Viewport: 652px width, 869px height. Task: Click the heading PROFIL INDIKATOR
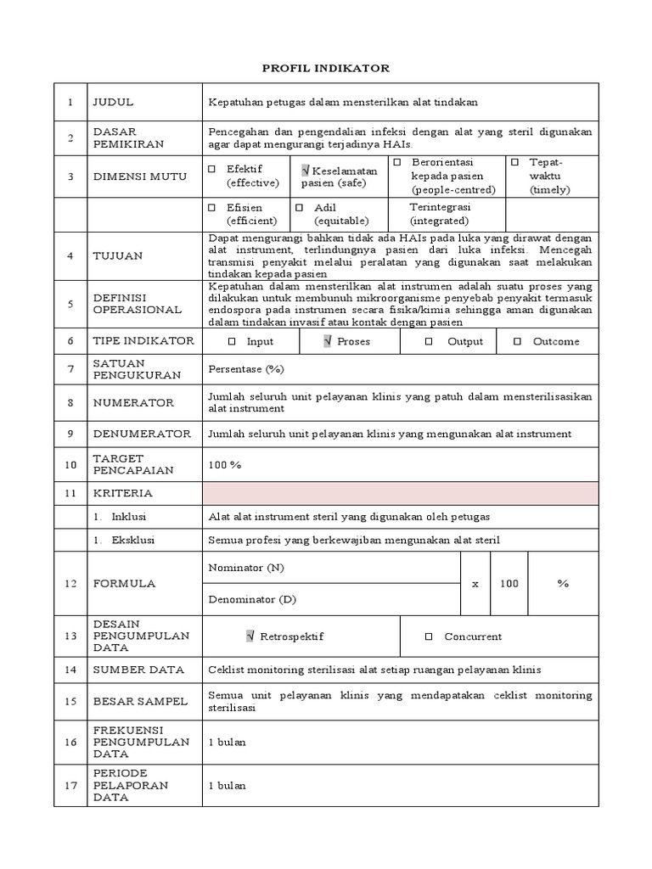click(325, 68)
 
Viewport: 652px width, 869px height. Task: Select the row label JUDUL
click(113, 102)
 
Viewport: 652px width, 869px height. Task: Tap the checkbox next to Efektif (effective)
click(212, 169)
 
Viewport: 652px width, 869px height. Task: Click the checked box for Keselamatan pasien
click(306, 171)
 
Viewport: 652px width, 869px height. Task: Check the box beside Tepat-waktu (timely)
click(514, 162)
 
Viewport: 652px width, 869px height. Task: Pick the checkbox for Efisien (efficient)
click(212, 207)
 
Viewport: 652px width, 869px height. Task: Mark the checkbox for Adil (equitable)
click(300, 207)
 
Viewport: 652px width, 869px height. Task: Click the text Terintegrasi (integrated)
click(440, 213)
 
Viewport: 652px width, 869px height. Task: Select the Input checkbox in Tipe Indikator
click(231, 341)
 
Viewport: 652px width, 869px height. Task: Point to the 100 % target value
click(225, 465)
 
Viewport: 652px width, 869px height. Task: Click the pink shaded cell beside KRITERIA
click(400, 493)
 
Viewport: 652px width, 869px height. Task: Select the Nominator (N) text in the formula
click(246, 567)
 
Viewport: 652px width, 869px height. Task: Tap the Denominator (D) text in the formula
click(252, 599)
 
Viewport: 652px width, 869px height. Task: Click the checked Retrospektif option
click(250, 636)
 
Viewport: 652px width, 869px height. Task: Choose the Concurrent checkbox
click(429, 636)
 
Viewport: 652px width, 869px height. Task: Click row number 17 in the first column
click(71, 785)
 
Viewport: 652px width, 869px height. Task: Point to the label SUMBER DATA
click(138, 670)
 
